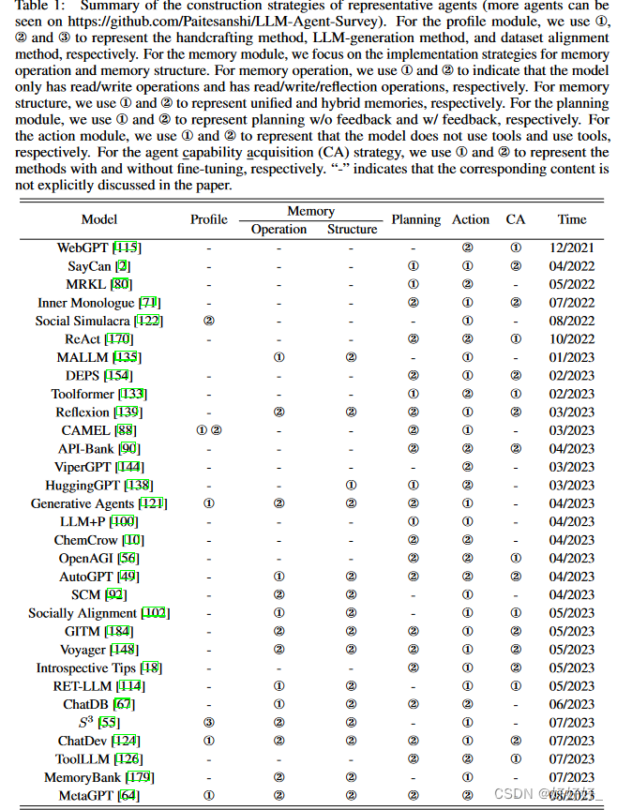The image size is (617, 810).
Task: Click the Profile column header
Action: (x=209, y=219)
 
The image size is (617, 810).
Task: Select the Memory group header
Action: (x=310, y=211)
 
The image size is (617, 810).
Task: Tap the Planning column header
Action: (x=415, y=219)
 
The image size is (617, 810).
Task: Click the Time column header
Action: (x=572, y=219)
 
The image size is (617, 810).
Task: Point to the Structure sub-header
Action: (x=352, y=229)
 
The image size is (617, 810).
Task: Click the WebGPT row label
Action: (x=84, y=247)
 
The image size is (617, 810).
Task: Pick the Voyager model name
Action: (x=87, y=650)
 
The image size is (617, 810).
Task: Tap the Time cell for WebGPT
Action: (x=572, y=247)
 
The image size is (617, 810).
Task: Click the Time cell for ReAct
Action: (x=572, y=339)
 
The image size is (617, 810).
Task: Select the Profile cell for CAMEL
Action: (x=209, y=430)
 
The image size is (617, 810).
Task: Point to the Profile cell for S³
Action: (x=209, y=723)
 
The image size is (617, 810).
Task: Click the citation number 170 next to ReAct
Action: (x=121, y=339)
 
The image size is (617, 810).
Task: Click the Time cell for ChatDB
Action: (x=572, y=704)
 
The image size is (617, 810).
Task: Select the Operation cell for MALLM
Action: (x=278, y=357)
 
